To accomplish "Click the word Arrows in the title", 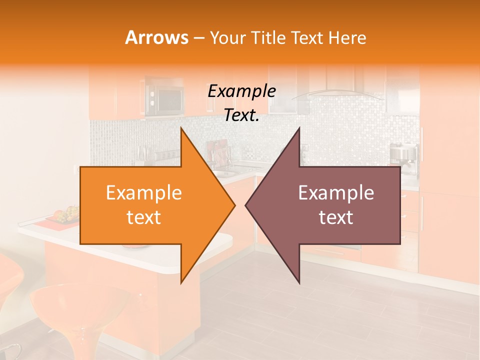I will [x=156, y=37].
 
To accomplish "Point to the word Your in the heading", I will [x=227, y=37].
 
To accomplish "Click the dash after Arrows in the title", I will [x=198, y=38].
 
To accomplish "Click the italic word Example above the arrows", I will [x=241, y=91].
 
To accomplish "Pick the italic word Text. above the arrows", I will [x=241, y=115].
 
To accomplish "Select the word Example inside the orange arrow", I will [x=143, y=193].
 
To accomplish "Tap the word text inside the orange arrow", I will [x=143, y=217].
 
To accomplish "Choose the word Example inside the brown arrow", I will [x=336, y=193].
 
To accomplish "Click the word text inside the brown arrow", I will [x=336, y=217].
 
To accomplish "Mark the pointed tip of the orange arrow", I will [x=234, y=205].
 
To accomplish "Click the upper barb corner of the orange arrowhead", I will [x=181, y=128].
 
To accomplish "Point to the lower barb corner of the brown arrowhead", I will [x=299, y=283].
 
